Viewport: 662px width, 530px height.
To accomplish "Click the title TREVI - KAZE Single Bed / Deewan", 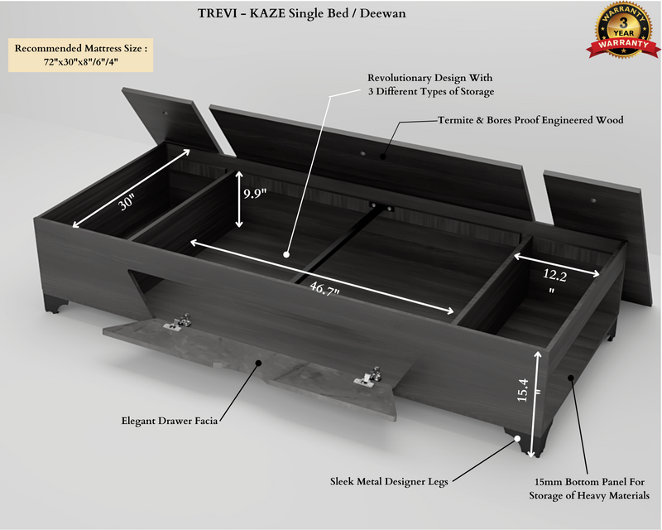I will click(302, 14).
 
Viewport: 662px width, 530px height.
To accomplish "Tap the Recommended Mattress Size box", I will click(80, 55).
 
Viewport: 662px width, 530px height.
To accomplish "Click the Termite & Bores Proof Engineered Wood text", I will click(530, 120).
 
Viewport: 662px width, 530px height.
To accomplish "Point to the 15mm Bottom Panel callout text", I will click(589, 488).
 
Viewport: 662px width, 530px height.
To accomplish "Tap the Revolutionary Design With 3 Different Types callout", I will click(430, 84).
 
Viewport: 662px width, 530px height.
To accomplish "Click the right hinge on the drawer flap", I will click(367, 377).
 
